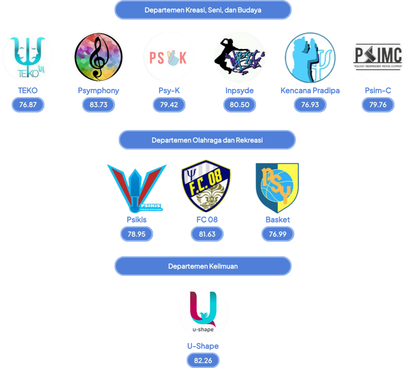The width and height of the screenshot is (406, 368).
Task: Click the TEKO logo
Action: click(28, 57)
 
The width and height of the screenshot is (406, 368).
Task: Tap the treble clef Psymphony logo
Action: click(98, 57)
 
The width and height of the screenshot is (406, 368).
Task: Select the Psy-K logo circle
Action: click(169, 57)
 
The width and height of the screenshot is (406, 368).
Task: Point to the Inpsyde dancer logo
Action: click(239, 57)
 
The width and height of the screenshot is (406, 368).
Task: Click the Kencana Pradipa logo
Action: click(310, 57)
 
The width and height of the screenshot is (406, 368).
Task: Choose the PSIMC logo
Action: click(378, 57)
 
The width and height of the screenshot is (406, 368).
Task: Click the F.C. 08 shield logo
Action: click(206, 186)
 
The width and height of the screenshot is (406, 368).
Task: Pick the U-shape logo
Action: click(203, 312)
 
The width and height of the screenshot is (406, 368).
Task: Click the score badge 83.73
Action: click(98, 105)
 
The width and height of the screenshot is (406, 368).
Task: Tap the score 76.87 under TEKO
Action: click(28, 105)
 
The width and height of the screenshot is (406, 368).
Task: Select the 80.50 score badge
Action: click(239, 105)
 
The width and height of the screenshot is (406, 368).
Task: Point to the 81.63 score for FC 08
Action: click(207, 234)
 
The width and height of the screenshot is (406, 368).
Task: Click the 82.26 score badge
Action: click(203, 361)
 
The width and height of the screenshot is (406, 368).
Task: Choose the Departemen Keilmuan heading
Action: click(203, 266)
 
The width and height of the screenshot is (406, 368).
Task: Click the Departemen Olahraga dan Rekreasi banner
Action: click(207, 140)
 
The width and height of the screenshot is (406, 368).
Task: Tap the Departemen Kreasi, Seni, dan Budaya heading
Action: click(203, 10)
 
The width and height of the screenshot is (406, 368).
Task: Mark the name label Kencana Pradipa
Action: click(310, 91)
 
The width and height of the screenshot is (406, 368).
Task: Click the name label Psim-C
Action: click(378, 91)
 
